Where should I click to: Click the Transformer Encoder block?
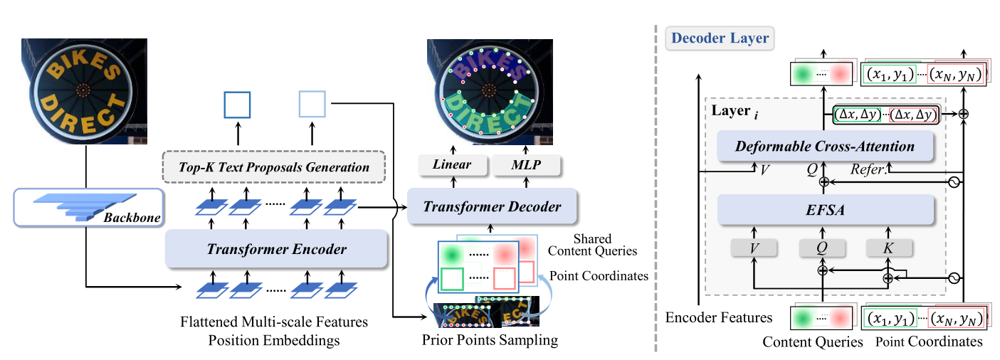click(x=276, y=249)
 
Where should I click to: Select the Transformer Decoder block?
click(x=492, y=206)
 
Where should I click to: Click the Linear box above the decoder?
click(x=453, y=165)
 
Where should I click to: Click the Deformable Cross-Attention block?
click(x=826, y=147)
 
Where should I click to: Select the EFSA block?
click(x=826, y=209)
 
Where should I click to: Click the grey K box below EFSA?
click(x=889, y=248)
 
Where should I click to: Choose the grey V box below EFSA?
click(x=754, y=248)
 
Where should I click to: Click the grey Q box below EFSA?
click(x=822, y=248)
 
